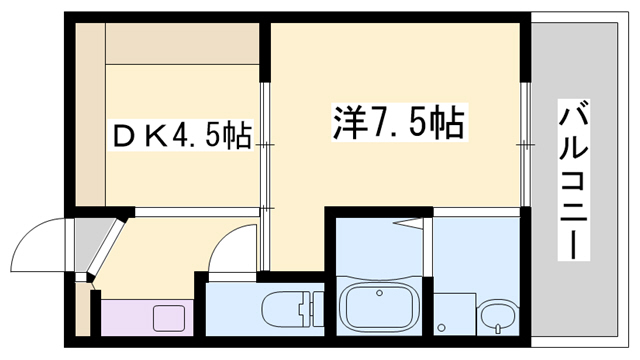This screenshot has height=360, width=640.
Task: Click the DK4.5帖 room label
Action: pyautogui.click(x=179, y=134)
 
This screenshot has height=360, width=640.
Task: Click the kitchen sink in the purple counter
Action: pyautogui.click(x=166, y=319)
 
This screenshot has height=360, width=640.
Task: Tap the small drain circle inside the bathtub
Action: pyautogui.click(x=379, y=293)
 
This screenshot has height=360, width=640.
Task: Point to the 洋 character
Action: pyautogui.click(x=346, y=123)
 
